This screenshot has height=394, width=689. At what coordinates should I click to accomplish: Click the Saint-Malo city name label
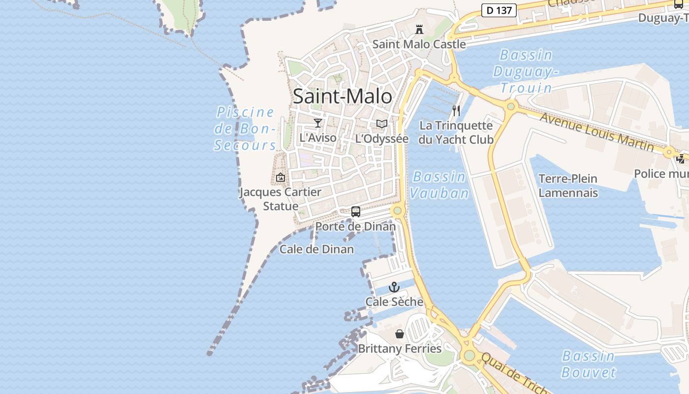343,96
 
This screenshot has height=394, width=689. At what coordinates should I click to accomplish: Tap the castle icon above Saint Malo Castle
419,30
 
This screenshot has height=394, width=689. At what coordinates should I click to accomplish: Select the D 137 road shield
499,10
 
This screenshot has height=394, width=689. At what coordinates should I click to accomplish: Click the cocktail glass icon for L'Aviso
318,123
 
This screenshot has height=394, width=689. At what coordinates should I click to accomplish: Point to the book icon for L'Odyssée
382,124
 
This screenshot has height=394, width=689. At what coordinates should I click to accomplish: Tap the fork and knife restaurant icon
456,110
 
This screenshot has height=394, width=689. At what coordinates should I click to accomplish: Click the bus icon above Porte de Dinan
356,212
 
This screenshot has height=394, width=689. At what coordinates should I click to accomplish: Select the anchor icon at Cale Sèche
394,287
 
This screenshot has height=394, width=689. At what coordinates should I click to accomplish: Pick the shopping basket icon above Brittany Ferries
400,334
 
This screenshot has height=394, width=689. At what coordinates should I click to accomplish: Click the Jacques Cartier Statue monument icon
281,177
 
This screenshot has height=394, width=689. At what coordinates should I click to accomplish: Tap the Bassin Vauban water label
439,185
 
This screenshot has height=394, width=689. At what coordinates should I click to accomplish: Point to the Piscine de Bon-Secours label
245,129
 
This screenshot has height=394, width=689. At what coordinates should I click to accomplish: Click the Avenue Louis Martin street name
596,131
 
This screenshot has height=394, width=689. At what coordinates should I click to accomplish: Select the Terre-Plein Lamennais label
568,185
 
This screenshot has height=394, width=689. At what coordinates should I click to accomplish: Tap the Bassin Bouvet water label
588,364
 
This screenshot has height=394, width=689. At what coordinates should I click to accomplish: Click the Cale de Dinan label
316,249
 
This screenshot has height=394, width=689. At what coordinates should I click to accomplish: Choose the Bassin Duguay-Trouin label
526,71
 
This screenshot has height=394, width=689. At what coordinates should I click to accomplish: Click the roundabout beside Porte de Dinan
398,211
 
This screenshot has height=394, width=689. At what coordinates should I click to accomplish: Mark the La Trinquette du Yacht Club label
456,132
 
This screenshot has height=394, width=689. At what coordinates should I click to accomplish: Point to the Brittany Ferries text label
400,349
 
